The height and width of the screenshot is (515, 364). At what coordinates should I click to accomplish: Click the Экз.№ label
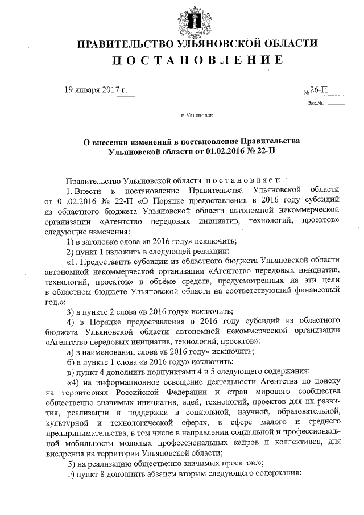coord(315,103)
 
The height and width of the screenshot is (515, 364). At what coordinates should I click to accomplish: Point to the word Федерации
coord(175,393)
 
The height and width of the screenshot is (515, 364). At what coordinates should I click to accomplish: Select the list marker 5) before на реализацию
coord(71,463)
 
